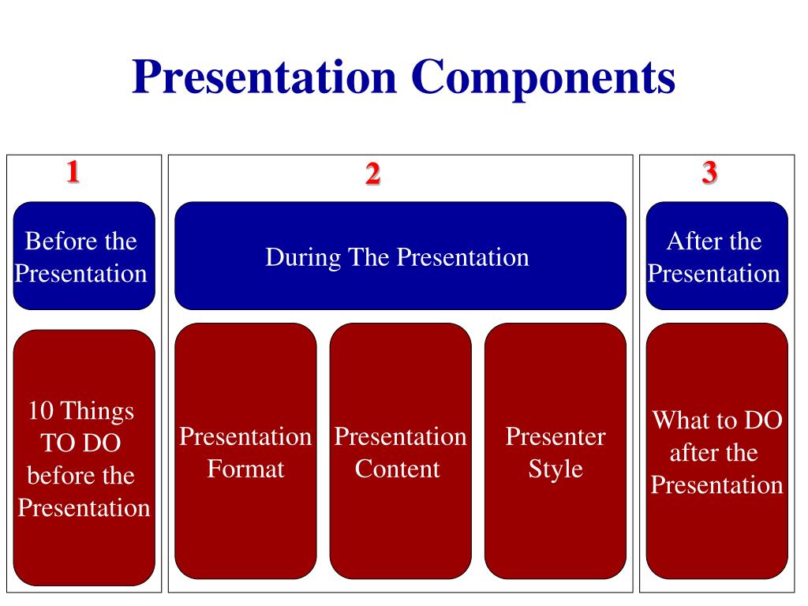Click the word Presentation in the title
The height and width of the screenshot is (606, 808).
point(264,79)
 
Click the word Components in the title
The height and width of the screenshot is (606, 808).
point(542,79)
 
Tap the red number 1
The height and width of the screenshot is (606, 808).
point(73,171)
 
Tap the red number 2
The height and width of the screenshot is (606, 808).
point(372,174)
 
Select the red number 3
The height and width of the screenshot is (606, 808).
point(709,172)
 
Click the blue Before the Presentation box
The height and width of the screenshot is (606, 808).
point(84,256)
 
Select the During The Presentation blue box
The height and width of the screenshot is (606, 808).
point(400,256)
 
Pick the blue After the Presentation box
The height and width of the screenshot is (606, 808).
point(716,256)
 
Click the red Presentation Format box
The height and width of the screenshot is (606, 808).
point(245,451)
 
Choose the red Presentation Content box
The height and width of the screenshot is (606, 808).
point(400,451)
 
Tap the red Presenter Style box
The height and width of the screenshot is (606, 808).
point(555,451)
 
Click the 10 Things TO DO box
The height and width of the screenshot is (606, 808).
point(84,458)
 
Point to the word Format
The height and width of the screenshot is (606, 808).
point(245,469)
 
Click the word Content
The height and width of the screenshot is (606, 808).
point(397,469)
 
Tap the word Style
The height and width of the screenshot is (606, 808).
point(555,469)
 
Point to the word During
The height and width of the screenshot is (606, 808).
point(296,257)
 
